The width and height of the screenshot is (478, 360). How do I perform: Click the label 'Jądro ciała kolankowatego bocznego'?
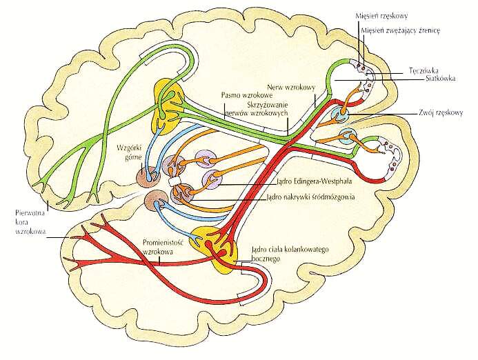pos(281,254)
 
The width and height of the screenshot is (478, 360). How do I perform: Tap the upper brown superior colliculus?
pos(146,174)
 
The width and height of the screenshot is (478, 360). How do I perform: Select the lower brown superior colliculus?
pos(153,203)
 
